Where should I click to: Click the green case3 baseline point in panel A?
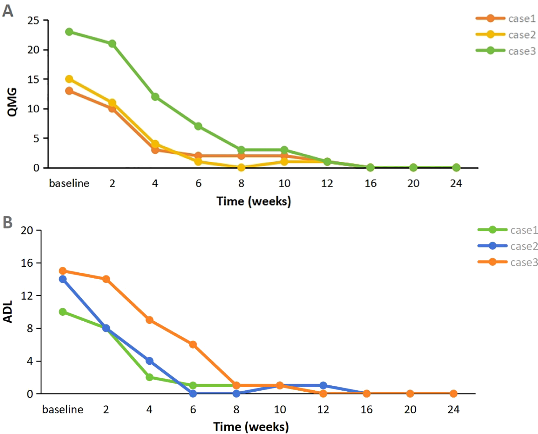(x=69, y=32)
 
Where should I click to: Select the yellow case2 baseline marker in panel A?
(x=69, y=79)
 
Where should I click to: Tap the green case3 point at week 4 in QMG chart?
(x=155, y=97)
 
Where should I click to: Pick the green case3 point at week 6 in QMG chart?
(x=198, y=126)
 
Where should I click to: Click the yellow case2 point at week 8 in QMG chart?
(x=241, y=168)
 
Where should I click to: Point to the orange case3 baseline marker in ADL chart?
(x=63, y=271)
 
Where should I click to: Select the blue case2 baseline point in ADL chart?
(x=63, y=279)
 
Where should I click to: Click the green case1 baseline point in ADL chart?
(x=63, y=312)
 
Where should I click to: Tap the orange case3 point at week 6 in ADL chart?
(x=193, y=345)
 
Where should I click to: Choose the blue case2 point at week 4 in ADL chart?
(x=150, y=361)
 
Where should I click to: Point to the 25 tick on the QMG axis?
(x=33, y=21)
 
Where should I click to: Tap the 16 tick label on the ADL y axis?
(x=27, y=263)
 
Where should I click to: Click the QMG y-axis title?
(x=12, y=102)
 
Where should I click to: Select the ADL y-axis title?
(x=8, y=311)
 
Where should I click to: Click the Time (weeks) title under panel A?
(x=253, y=201)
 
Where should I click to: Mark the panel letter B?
(x=8, y=223)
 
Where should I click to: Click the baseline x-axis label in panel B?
(x=63, y=409)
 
